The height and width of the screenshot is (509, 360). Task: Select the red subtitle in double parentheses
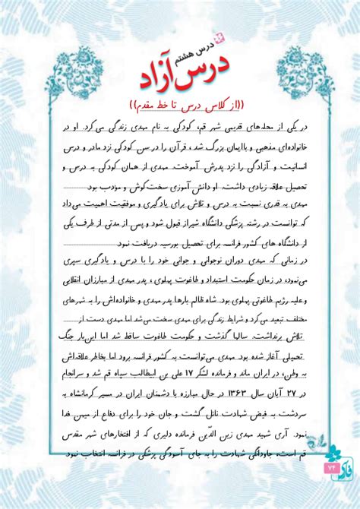pyautogui.click(x=183, y=103)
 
